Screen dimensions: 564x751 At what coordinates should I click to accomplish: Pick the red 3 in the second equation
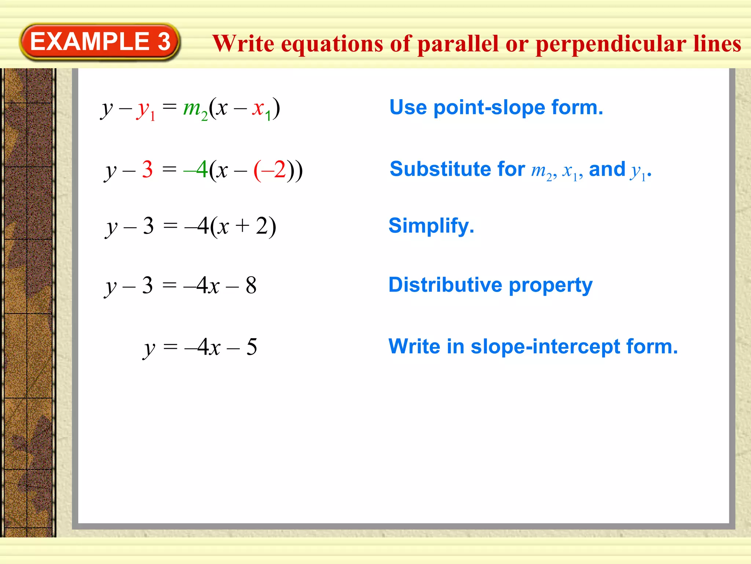click(147, 170)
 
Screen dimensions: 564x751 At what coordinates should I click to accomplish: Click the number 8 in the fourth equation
click(251, 285)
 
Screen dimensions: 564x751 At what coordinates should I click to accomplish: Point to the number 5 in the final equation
click(252, 347)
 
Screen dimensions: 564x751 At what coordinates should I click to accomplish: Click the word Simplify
click(431, 225)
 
